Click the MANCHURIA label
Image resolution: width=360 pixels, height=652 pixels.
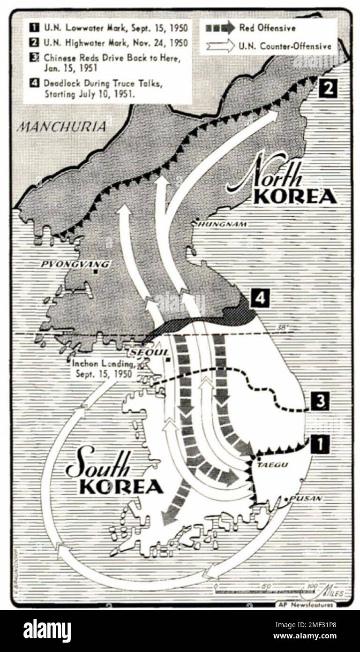pyautogui.click(x=61, y=127)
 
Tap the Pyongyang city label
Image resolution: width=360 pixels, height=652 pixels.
pyautogui.click(x=75, y=264)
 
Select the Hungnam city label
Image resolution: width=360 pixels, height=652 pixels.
pyautogui.click(x=222, y=224)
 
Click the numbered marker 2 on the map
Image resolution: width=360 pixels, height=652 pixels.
pyautogui.click(x=328, y=88)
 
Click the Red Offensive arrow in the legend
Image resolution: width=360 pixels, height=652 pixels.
pyautogui.click(x=220, y=28)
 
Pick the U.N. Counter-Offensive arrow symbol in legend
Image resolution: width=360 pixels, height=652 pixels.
pyautogui.click(x=220, y=46)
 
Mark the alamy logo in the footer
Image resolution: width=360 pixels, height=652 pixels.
pyautogui.click(x=47, y=630)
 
